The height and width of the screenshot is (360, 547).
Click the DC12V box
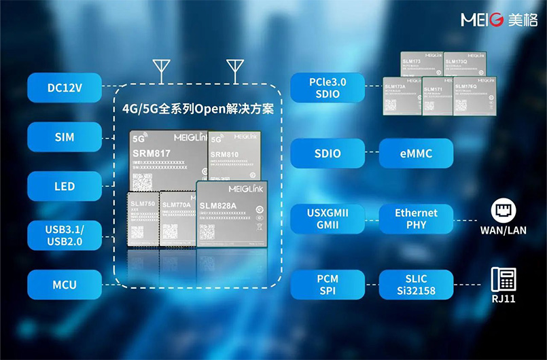point(65,87)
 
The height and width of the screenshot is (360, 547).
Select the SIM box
point(65,137)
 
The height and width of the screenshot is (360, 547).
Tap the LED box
point(65,186)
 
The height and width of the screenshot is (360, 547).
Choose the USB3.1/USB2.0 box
point(65,235)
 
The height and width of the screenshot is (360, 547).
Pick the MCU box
point(65,284)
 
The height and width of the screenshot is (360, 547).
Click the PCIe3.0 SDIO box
point(328,88)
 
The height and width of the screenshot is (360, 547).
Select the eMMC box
point(416,154)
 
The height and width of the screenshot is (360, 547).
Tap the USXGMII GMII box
point(328,219)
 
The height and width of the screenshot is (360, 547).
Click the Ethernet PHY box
point(416,219)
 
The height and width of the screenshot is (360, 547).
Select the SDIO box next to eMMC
point(328,154)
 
